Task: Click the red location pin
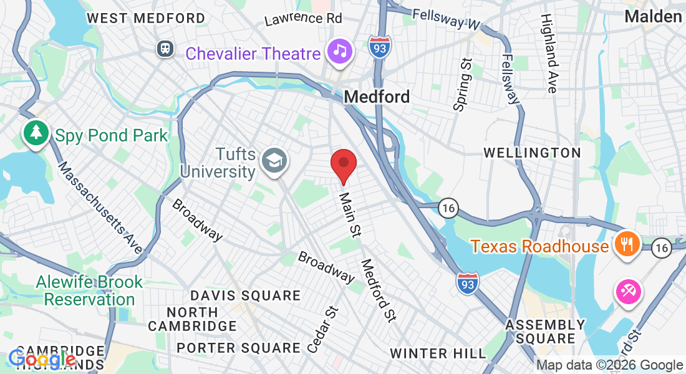343,164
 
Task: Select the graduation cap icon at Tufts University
273,161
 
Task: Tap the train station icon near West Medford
165,48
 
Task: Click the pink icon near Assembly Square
628,292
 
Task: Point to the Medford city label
377,97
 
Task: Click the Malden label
653,16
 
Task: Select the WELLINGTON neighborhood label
532,153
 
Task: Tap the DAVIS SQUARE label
246,295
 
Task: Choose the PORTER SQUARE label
238,348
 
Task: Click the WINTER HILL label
438,353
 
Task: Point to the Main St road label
350,214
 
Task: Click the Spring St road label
462,85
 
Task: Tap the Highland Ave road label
548,54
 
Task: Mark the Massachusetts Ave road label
100,208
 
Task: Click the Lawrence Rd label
303,19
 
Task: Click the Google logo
42,359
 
